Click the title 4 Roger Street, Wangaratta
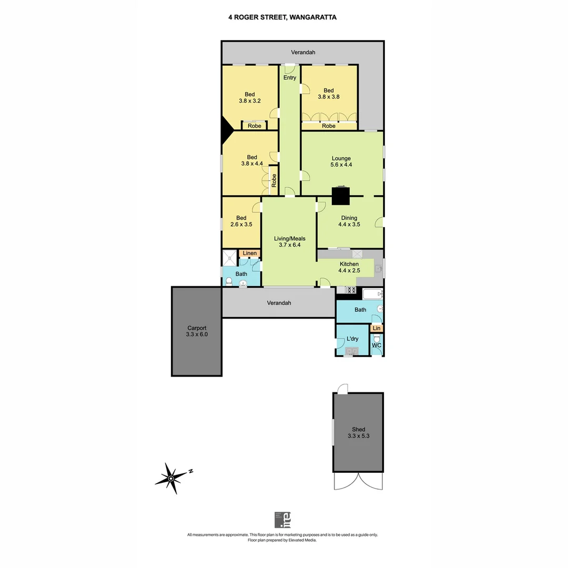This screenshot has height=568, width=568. (x=282, y=17)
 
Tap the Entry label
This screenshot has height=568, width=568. (x=289, y=78)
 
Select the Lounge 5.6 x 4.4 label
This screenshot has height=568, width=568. (x=341, y=161)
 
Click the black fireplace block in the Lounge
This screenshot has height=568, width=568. (x=341, y=196)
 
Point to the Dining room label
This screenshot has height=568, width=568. (x=349, y=221)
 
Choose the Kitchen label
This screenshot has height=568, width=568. (x=349, y=267)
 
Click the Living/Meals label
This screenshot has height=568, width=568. (x=289, y=242)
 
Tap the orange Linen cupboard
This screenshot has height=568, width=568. (x=250, y=253)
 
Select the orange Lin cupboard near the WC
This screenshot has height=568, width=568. (x=377, y=328)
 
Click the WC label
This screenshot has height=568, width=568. (x=377, y=346)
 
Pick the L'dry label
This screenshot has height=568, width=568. (x=352, y=339)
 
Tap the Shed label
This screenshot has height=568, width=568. (x=358, y=432)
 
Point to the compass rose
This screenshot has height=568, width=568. (x=172, y=478)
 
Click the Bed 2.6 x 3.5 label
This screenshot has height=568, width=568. (x=241, y=221)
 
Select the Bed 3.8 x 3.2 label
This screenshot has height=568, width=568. (x=249, y=97)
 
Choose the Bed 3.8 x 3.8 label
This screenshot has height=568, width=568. (x=328, y=93)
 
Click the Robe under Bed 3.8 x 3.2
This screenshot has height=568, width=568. (x=255, y=126)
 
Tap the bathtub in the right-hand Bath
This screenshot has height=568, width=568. (x=372, y=294)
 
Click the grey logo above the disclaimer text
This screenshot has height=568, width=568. (x=282, y=520)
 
